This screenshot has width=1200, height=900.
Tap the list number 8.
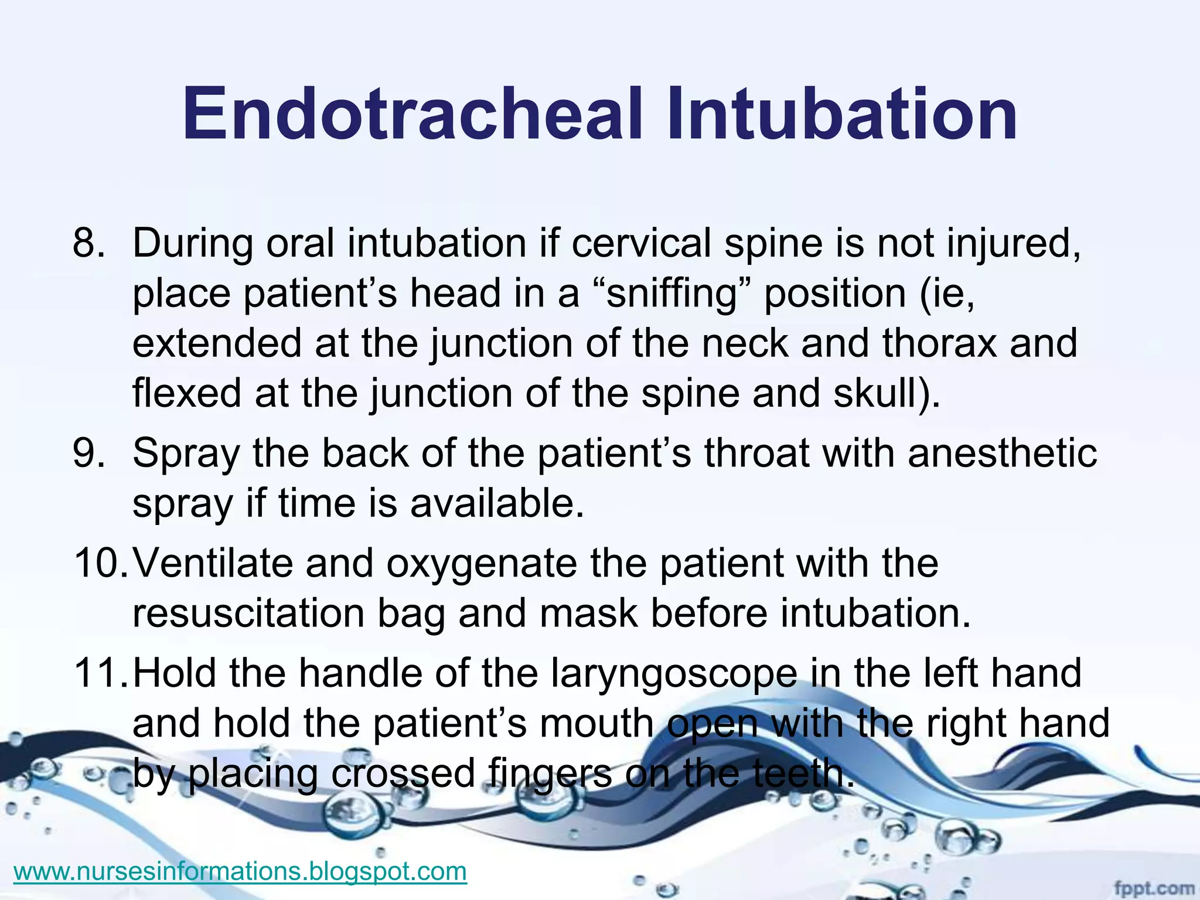88,243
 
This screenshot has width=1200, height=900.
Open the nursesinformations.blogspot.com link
240,871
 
